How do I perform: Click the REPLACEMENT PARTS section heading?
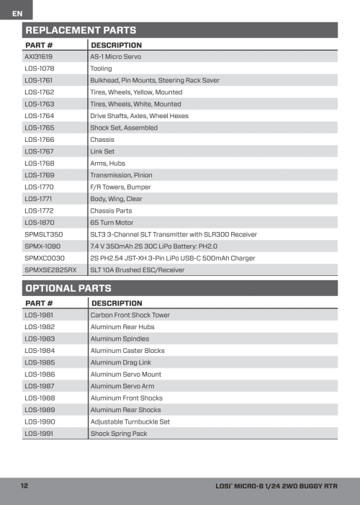81,30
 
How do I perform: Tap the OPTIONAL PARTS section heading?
71,288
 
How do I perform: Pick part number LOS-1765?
40,128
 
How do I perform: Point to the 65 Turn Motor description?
112,223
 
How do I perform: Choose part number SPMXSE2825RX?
50,270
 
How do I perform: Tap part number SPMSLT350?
44,234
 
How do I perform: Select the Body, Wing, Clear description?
116,199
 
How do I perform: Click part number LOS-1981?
39,316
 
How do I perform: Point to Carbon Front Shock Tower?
130,316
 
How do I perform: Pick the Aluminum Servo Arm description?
122,386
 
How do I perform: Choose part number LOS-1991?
39,434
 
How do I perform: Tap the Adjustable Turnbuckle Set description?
130,421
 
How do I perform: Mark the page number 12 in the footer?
24,486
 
